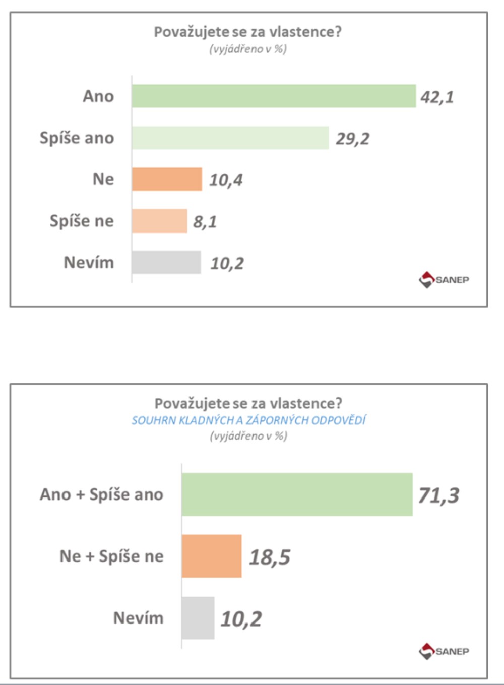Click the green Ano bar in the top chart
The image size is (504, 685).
pyautogui.click(x=274, y=96)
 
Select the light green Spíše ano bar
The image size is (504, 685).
pyautogui.click(x=230, y=138)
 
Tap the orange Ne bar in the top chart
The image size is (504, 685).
pyautogui.click(x=167, y=179)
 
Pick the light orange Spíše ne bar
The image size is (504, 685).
pyautogui.click(x=159, y=221)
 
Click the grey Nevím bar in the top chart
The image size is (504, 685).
pyautogui.click(x=166, y=262)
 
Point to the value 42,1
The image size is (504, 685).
pyautogui.click(x=437, y=97)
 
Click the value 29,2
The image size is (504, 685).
pyautogui.click(x=352, y=139)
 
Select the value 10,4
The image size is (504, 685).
pyautogui.click(x=226, y=180)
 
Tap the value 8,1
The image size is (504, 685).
pyautogui.click(x=205, y=222)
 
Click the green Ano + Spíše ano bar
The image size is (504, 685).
pyautogui.click(x=297, y=494)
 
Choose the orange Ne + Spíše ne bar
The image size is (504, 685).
pyautogui.click(x=212, y=556)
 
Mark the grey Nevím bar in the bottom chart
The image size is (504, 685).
pyautogui.click(x=198, y=618)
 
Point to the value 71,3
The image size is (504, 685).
pyautogui.click(x=438, y=495)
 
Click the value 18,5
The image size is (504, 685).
pyautogui.click(x=270, y=557)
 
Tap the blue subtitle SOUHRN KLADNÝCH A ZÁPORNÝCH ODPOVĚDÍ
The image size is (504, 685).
pyautogui.click(x=248, y=420)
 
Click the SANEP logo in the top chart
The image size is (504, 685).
pyautogui.click(x=444, y=279)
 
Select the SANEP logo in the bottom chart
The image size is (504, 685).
pyautogui.click(x=444, y=651)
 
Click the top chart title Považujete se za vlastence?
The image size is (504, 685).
pyautogui.click(x=248, y=32)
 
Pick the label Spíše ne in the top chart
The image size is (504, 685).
pyautogui.click(x=82, y=221)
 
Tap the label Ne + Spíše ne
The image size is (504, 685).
pyautogui.click(x=111, y=556)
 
